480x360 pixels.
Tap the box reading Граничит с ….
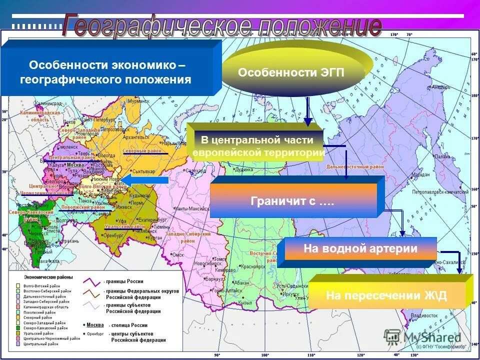[x=293, y=202]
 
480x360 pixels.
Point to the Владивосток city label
[x=424, y=315]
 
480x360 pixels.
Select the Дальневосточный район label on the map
[x=363, y=166]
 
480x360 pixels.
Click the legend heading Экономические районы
[x=48, y=276]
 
